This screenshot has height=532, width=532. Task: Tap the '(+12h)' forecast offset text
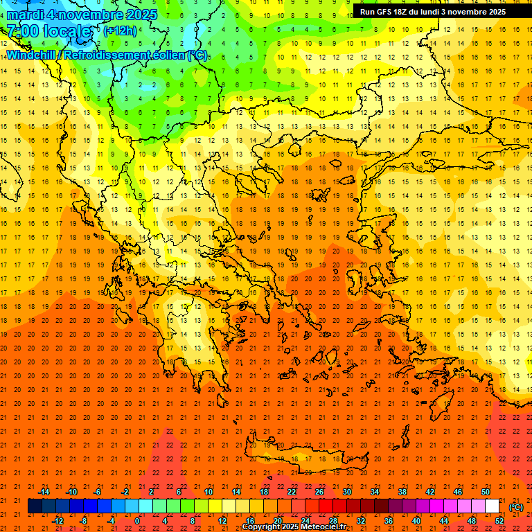coord(119,31)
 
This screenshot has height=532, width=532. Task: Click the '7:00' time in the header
coord(22,31)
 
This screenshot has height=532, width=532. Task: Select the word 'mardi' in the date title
coord(25,14)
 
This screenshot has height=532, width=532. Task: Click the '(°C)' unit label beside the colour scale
coord(515,507)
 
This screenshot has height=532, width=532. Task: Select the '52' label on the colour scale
coord(499,520)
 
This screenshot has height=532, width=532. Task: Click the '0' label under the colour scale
coord(137,520)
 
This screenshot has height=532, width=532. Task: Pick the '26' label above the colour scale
coord(319,492)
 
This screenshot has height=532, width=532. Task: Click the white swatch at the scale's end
coord(492,506)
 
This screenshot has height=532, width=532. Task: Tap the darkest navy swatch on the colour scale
coord(35,506)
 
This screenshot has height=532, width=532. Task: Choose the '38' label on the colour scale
coord(402,492)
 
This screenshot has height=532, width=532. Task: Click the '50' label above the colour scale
coord(486,492)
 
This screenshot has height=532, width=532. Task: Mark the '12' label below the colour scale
coord(222,520)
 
